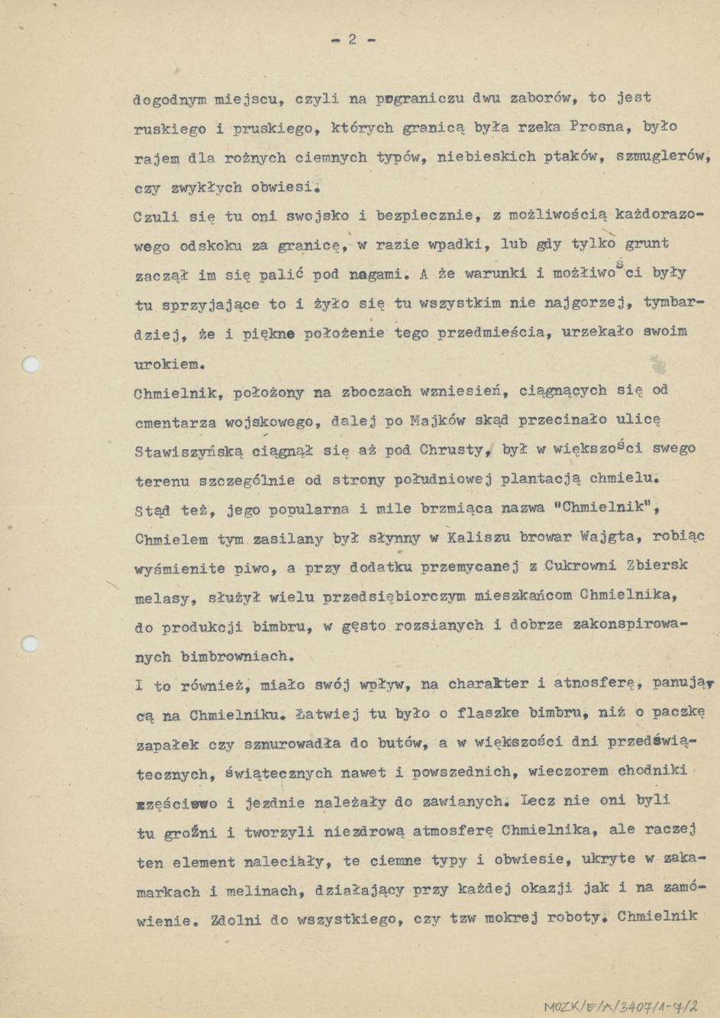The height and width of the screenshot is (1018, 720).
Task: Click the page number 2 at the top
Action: point(352,39)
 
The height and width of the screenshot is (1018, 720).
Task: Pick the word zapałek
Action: point(168,744)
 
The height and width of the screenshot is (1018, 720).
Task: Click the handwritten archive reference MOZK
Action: point(563,1007)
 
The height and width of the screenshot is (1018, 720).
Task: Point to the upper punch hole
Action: point(31,364)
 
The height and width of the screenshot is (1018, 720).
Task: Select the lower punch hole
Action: point(31,643)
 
